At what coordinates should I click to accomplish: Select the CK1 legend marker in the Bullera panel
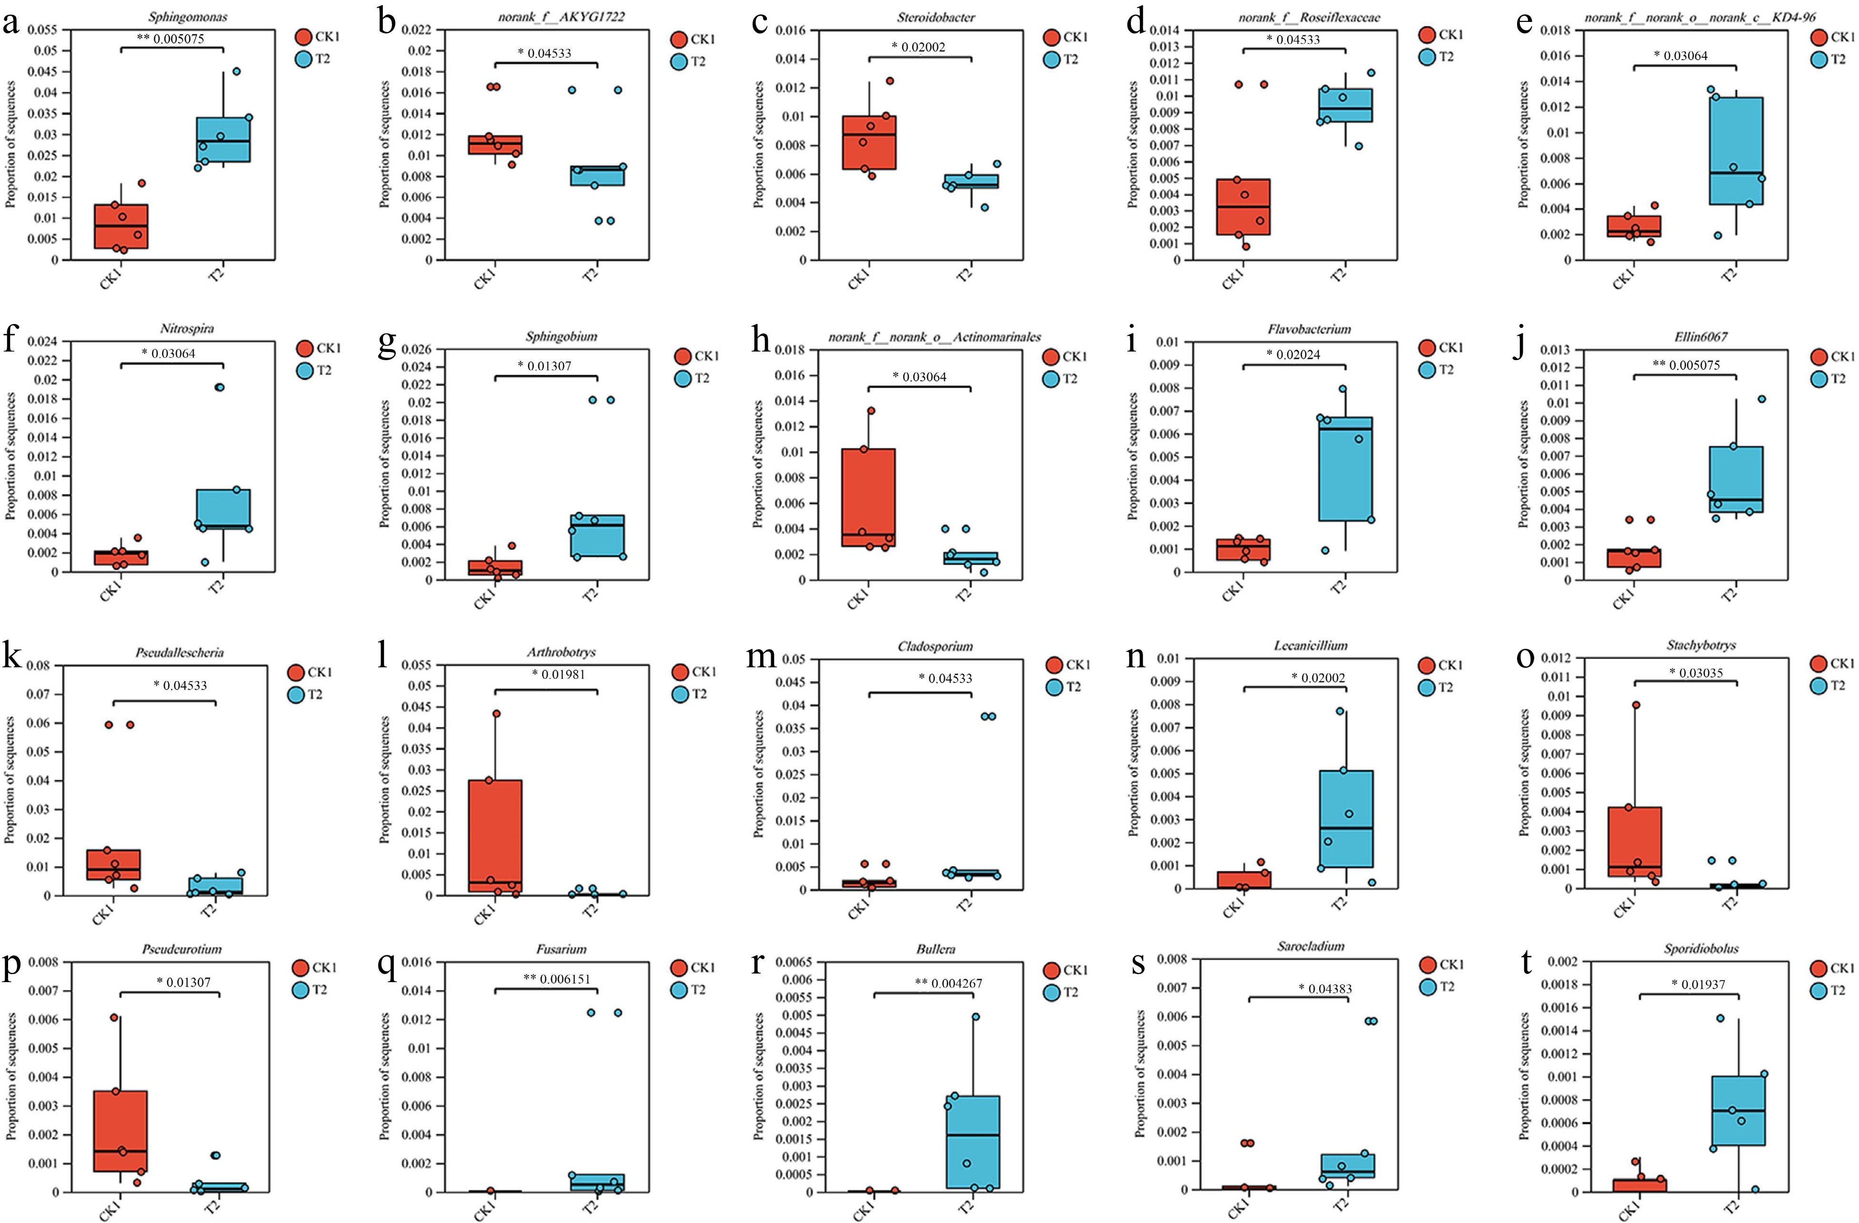pyautogui.click(x=1051, y=970)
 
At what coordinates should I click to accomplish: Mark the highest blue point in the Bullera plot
pyautogui.click(x=976, y=1017)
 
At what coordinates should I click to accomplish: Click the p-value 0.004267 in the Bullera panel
pyautogui.click(x=948, y=983)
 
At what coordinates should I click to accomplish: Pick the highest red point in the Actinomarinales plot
pyautogui.click(x=870, y=411)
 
